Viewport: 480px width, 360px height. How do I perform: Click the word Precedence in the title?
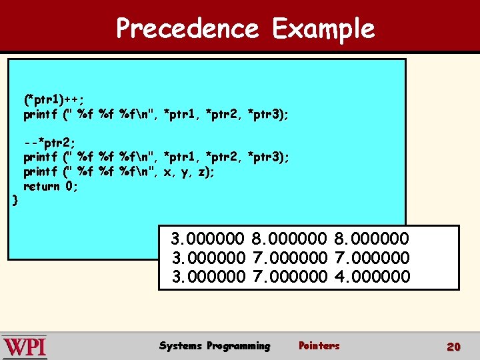(187, 29)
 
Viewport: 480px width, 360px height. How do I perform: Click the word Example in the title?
(323, 29)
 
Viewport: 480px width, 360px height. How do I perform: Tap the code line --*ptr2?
(49, 143)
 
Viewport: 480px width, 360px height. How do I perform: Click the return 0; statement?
(51, 187)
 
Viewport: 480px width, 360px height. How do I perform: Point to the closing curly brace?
(15, 199)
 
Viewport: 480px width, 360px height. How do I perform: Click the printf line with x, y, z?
(119, 172)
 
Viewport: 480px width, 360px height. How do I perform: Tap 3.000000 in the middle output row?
(209, 257)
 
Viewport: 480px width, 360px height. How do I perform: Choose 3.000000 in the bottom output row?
(209, 276)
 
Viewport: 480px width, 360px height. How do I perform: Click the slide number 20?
(453, 347)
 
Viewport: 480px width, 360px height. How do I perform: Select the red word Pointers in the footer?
(319, 345)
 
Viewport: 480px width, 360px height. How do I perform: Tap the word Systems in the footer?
(181, 345)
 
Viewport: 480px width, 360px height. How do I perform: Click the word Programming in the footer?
(239, 345)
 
